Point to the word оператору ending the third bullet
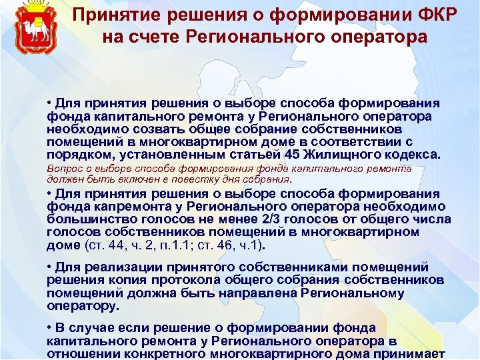pos(82,305)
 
